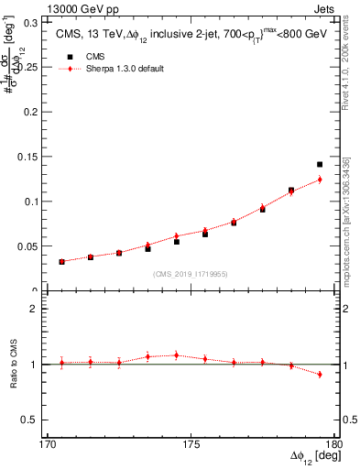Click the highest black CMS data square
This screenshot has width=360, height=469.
point(320,165)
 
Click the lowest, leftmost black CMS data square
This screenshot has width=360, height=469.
point(61,262)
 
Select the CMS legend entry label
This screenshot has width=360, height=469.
point(95,56)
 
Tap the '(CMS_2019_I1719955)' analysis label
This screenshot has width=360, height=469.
point(191,273)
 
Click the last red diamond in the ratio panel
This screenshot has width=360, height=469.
point(320,375)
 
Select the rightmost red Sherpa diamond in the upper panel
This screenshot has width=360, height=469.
point(320,180)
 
